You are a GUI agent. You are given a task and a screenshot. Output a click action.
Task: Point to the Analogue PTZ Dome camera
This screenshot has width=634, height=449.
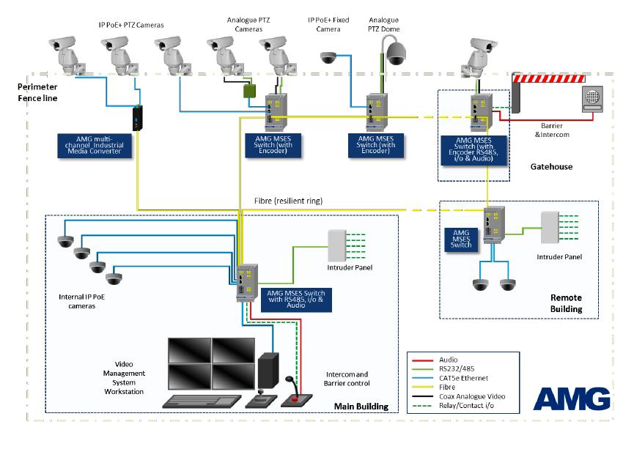396,53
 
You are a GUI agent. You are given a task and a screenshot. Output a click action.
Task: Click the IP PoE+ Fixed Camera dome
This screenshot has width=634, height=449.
328,56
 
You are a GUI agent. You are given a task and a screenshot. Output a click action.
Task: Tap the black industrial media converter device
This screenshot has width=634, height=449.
137,118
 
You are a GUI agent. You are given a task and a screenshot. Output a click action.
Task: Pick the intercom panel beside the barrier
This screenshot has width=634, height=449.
591,98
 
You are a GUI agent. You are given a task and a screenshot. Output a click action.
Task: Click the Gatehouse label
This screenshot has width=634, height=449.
550,167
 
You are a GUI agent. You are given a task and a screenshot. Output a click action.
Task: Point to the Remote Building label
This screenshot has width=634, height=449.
566,303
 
